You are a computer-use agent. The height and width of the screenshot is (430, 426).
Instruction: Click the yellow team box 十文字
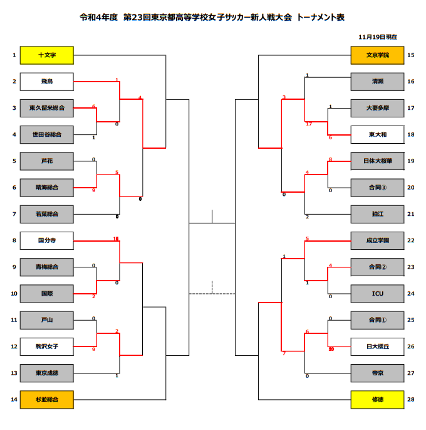click(x=47, y=55)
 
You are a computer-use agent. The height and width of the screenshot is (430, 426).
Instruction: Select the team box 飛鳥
click(x=47, y=82)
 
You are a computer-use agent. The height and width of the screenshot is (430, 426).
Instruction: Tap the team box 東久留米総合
click(x=47, y=108)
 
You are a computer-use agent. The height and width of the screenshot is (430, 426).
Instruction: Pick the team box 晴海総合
click(x=47, y=187)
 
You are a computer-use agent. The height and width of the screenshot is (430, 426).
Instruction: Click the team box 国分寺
click(x=47, y=240)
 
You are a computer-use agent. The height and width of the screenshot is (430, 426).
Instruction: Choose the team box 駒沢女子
click(x=47, y=345)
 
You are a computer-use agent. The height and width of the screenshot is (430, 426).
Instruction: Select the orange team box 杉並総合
click(x=47, y=399)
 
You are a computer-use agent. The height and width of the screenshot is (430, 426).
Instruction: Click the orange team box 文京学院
click(x=377, y=55)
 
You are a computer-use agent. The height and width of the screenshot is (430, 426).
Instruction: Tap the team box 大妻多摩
click(x=377, y=108)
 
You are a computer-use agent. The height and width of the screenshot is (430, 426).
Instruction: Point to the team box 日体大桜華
click(x=377, y=161)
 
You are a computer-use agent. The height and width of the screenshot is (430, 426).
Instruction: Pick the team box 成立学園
click(x=377, y=240)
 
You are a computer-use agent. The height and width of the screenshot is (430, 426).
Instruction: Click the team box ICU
click(x=377, y=293)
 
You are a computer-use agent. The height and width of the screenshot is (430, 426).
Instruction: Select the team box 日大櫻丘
click(x=377, y=345)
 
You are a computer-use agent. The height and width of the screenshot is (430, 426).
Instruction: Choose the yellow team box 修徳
click(x=377, y=399)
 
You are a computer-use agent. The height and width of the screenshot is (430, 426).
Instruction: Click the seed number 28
click(x=410, y=399)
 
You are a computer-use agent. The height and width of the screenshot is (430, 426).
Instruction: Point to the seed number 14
click(x=14, y=399)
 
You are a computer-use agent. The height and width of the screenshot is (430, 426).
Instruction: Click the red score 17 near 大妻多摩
click(x=309, y=124)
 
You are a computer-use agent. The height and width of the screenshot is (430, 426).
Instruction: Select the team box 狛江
click(x=377, y=213)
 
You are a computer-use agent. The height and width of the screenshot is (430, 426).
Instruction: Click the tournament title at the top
click(x=212, y=17)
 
